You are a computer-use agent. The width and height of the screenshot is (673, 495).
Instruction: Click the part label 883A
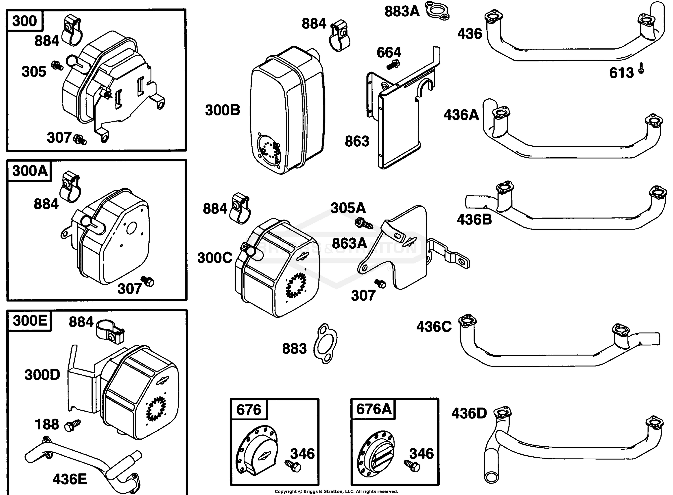(402, 11)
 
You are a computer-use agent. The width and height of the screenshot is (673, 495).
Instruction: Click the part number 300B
(223, 110)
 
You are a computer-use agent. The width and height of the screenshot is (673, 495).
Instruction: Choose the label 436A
(461, 115)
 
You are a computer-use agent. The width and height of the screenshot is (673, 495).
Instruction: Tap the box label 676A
(374, 409)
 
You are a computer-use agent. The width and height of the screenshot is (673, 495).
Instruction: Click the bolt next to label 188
(72, 425)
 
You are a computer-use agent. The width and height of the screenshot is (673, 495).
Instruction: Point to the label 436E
(70, 479)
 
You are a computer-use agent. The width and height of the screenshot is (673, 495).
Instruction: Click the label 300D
(42, 375)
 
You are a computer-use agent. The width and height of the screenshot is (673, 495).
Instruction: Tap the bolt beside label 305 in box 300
(57, 65)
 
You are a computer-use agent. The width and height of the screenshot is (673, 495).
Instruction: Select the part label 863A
(350, 243)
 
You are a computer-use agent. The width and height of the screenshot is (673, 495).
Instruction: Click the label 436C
(434, 327)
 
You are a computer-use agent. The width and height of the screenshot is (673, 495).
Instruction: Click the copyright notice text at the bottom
(336, 491)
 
